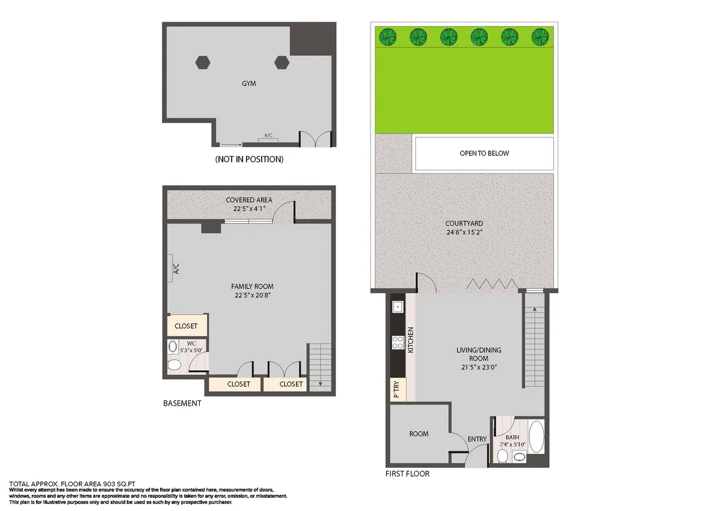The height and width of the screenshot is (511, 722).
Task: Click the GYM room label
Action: click(248, 84)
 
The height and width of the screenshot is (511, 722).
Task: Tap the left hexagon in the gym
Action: click(203, 62)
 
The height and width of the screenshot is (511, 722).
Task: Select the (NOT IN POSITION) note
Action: click(248, 159)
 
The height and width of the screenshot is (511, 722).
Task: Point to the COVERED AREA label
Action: click(248, 200)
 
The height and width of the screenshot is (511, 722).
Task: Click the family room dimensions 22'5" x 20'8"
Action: click(248, 295)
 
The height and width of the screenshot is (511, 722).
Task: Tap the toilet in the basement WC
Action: click(174, 365)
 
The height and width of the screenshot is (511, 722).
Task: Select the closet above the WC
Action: click(186, 326)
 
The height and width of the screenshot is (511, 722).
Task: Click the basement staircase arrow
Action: click(320, 383)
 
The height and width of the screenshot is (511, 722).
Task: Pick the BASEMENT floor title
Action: click(182, 403)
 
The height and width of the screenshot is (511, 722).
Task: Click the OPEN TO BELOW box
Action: click(484, 153)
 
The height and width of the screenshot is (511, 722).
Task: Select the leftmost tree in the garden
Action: click(386, 37)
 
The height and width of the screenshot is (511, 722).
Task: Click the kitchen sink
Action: click(398, 308)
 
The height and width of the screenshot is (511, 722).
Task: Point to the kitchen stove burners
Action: click(398, 343)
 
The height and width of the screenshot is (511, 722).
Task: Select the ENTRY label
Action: click(477, 439)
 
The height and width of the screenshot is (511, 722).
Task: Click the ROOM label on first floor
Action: click(419, 433)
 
